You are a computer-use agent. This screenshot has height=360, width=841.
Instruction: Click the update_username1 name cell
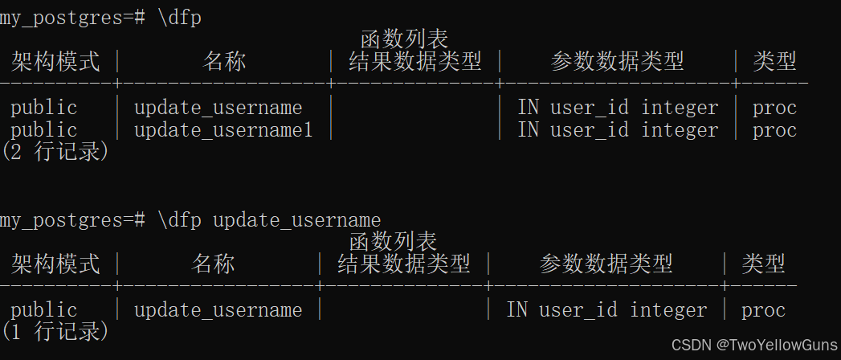click(x=223, y=130)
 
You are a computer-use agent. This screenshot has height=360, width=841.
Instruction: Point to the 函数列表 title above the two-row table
click(x=404, y=39)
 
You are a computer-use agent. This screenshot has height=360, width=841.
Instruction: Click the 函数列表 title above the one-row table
click(x=393, y=241)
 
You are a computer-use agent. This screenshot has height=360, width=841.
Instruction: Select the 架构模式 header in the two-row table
click(x=56, y=61)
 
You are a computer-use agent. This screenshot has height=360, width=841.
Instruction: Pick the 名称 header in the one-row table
click(x=214, y=264)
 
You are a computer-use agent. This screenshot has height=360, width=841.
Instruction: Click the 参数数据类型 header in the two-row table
click(x=617, y=61)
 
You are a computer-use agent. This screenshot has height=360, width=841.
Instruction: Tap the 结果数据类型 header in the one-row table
click(x=403, y=264)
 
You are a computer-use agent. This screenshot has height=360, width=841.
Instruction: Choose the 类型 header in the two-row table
click(x=774, y=61)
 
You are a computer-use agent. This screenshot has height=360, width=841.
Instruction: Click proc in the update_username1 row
click(x=774, y=130)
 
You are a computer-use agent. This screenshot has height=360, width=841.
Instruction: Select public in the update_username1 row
click(x=44, y=130)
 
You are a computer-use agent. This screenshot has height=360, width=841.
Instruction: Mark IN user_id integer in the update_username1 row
click(x=618, y=130)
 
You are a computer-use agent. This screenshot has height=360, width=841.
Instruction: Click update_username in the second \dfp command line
click(x=296, y=219)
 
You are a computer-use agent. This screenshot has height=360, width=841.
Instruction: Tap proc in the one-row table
click(x=763, y=310)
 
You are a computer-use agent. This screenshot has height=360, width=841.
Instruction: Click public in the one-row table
click(x=44, y=310)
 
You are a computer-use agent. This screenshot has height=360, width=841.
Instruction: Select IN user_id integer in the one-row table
click(x=606, y=310)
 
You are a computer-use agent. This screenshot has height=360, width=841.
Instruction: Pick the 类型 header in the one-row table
click(x=763, y=264)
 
